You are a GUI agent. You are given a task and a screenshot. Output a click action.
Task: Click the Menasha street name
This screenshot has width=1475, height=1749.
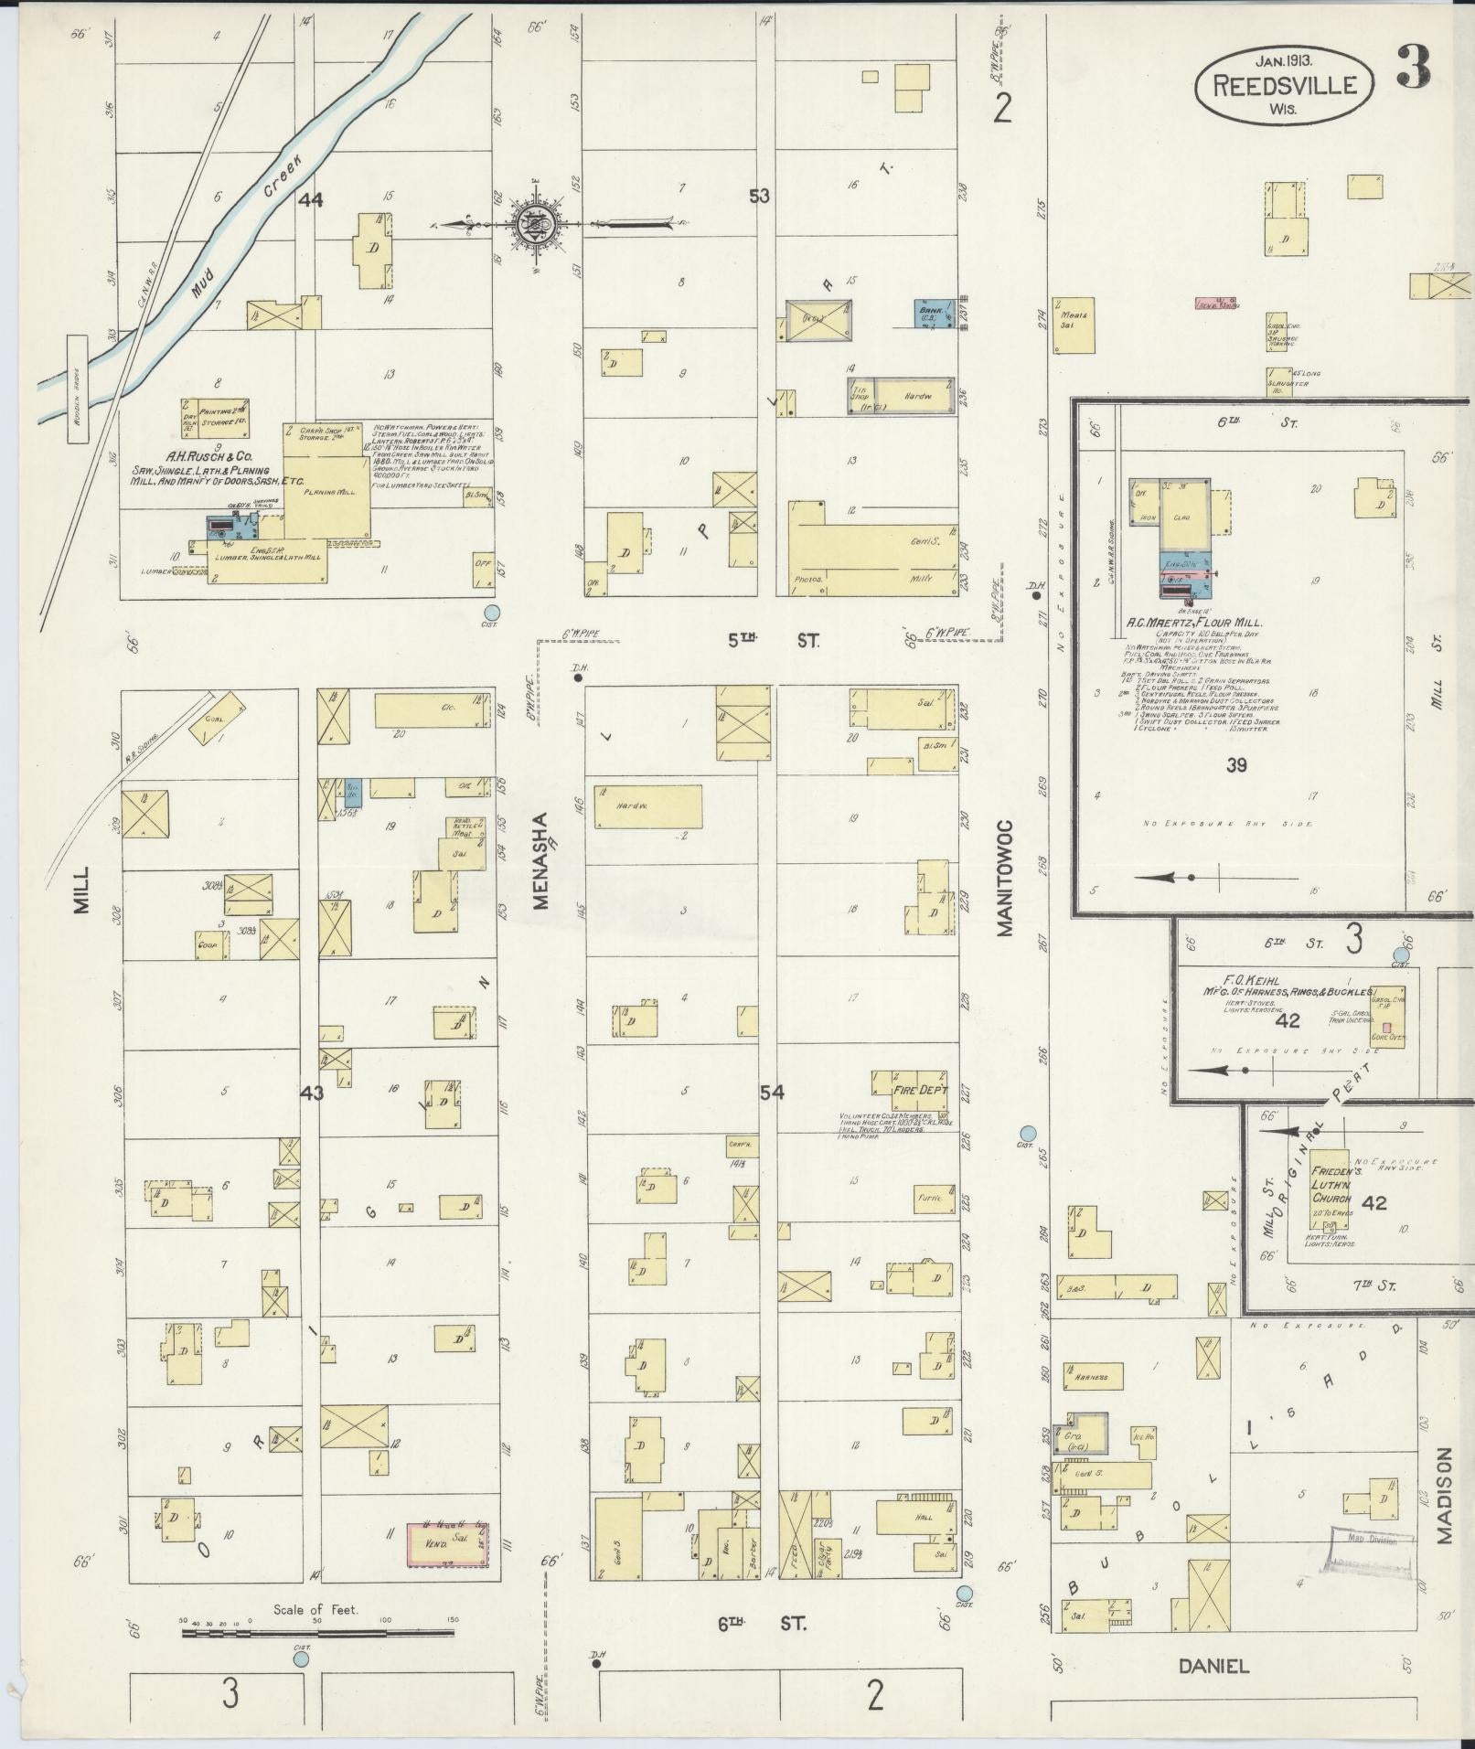point(540,860)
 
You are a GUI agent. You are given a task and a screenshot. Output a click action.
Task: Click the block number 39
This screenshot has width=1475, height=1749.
point(1235,765)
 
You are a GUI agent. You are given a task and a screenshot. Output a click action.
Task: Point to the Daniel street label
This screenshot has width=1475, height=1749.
point(1213,1665)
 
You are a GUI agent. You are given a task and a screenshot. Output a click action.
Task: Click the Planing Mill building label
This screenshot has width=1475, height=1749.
point(328,491)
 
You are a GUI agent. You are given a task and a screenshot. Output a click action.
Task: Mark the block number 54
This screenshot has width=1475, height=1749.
point(772,1092)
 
